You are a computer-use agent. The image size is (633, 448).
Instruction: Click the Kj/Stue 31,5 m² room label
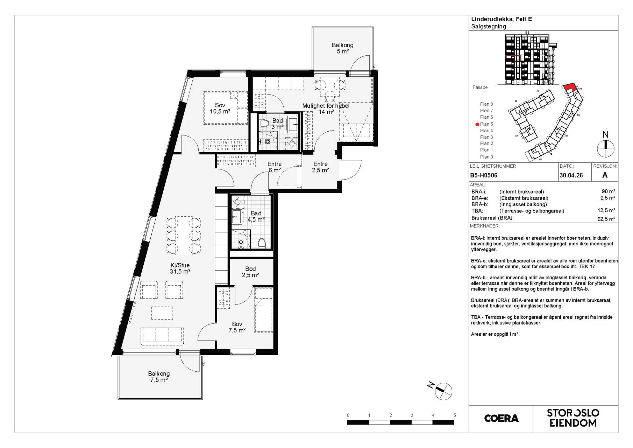[x=180, y=268]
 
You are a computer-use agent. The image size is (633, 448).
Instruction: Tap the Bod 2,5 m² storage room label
[x=250, y=272]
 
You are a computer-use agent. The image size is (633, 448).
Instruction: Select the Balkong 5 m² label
[x=343, y=48]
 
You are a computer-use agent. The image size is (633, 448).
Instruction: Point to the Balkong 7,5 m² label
[x=159, y=377]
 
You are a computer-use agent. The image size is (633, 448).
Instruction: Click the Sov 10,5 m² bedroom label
[x=220, y=108]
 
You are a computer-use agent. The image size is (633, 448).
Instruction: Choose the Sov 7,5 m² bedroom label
[x=237, y=327]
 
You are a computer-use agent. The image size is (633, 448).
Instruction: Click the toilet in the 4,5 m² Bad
[x=262, y=243]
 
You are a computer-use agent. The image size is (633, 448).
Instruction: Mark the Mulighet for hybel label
[x=326, y=106]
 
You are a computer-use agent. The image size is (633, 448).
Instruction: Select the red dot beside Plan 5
[x=477, y=124]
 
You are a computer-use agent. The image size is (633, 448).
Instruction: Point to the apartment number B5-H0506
[x=484, y=175]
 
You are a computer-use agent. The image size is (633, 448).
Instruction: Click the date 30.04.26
[x=571, y=175]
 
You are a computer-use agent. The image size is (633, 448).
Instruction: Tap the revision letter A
[x=605, y=175]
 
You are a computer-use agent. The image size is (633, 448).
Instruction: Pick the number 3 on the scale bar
[x=412, y=415]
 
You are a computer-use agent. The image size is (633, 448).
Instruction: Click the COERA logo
[x=501, y=418]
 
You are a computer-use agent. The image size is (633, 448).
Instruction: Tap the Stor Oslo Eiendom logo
[x=573, y=418]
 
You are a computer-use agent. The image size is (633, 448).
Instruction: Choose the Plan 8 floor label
[x=486, y=104]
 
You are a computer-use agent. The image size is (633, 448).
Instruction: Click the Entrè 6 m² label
[x=275, y=167]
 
